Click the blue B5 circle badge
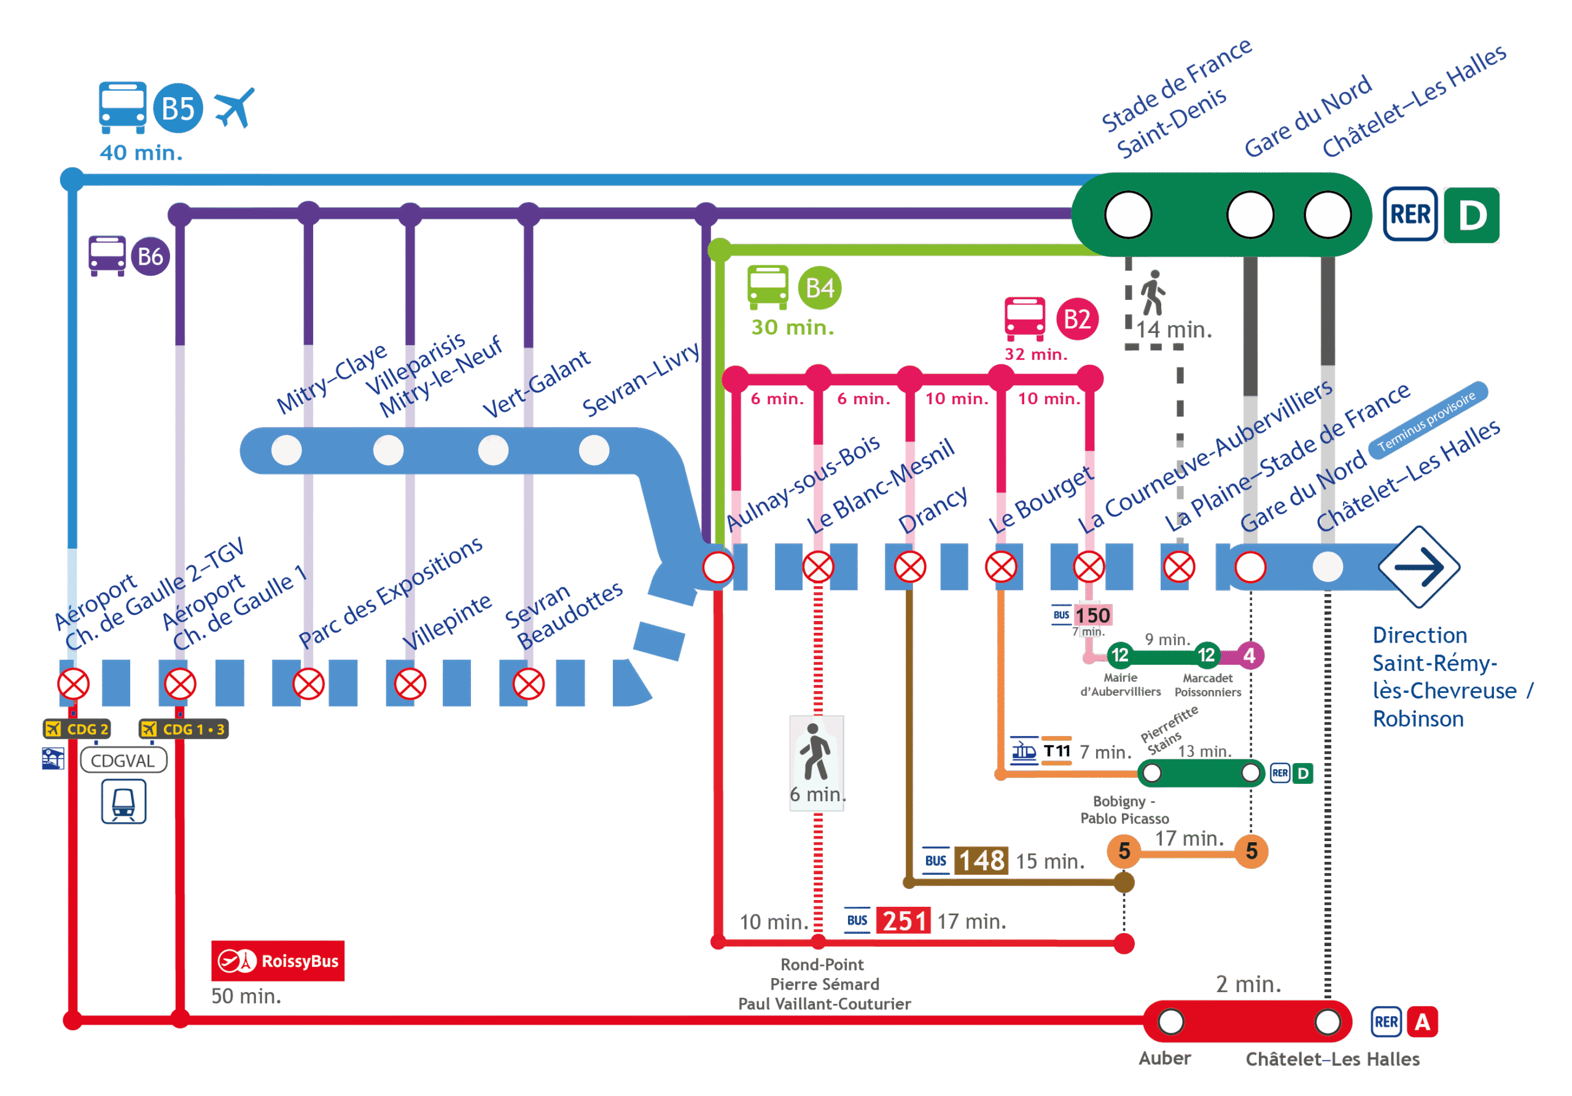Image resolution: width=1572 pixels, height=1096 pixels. (x=178, y=108)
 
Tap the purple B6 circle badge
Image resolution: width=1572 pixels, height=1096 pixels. (x=150, y=257)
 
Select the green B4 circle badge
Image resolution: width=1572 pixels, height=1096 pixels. (x=820, y=288)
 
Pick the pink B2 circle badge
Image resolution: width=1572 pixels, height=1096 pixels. (x=1077, y=319)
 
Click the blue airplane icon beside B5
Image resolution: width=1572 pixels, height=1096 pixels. (x=234, y=107)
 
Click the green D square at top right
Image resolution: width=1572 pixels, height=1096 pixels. (x=1471, y=215)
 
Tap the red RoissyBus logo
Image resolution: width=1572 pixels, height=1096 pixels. (x=278, y=960)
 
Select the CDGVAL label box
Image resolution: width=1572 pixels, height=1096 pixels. (x=123, y=761)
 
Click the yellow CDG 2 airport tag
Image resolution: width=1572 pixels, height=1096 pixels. (x=77, y=729)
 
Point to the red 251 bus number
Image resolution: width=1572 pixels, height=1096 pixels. (x=904, y=921)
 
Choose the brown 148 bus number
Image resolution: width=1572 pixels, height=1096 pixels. (x=981, y=860)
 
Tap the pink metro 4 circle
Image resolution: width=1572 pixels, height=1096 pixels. (x=1250, y=656)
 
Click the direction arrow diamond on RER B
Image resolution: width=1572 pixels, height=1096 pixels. (x=1418, y=567)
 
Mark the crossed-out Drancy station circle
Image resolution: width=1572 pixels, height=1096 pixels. (x=910, y=567)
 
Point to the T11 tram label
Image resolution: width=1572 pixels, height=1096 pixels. (x=1056, y=751)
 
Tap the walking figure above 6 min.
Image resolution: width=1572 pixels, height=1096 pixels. (x=815, y=751)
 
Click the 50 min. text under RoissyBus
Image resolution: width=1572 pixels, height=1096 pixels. (x=246, y=996)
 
